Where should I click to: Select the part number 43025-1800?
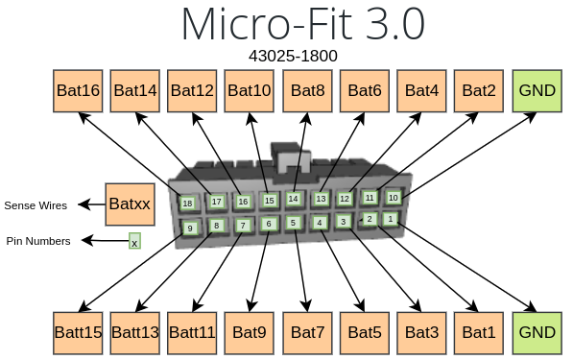click(294, 56)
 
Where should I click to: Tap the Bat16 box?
click(78, 91)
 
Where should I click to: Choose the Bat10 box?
click(251, 91)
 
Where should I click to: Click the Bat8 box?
click(308, 91)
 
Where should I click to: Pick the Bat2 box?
click(479, 91)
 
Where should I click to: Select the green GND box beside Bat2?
click(537, 91)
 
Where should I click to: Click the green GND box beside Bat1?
click(537, 333)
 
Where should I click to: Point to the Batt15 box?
click(78, 333)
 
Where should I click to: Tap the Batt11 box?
click(194, 333)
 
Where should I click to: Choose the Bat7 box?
click(308, 333)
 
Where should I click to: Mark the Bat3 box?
click(422, 333)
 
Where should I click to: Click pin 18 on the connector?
click(187, 204)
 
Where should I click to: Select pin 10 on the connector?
click(393, 197)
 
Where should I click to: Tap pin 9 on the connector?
click(190, 228)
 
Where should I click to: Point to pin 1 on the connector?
click(390, 219)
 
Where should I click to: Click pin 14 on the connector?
click(293, 199)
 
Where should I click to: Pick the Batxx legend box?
click(130, 204)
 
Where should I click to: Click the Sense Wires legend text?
click(36, 205)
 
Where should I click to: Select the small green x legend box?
click(134, 243)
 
